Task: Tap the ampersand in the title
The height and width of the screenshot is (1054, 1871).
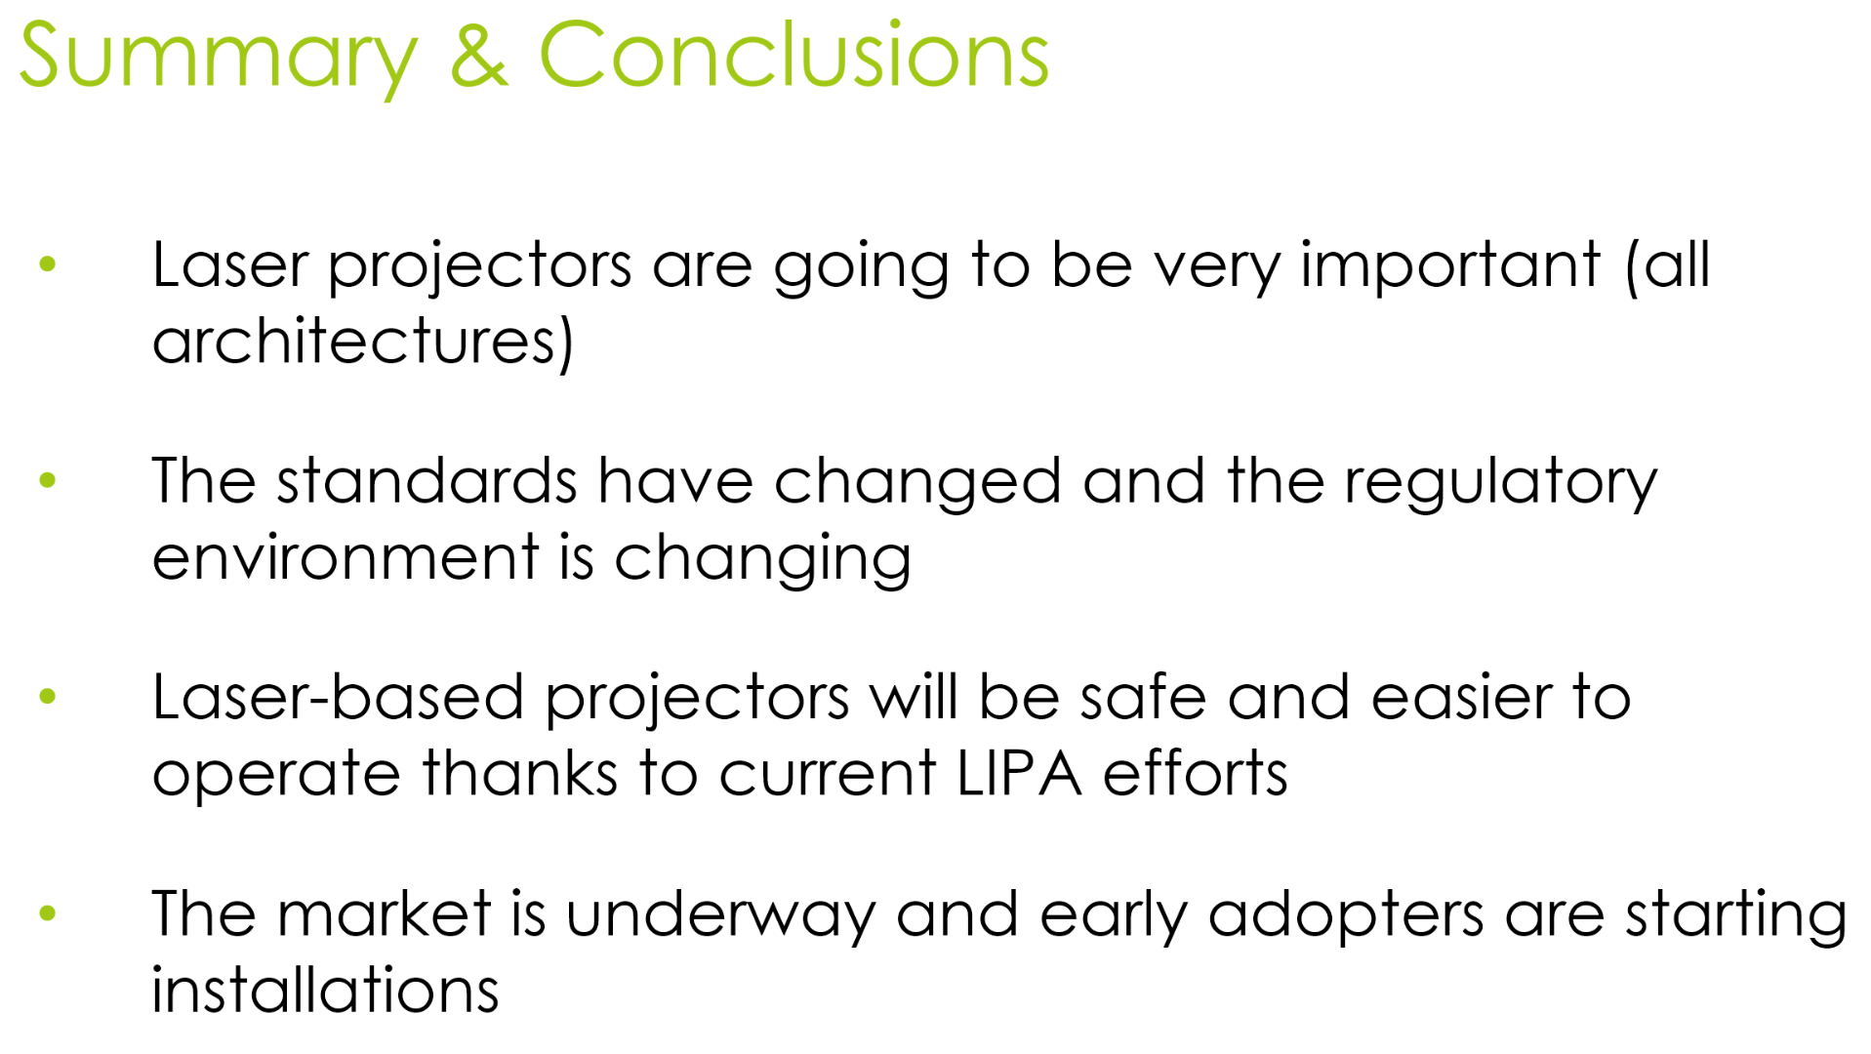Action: [479, 55]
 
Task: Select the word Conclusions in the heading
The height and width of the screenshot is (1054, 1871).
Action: [793, 55]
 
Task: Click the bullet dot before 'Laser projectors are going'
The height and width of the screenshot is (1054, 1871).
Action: [48, 263]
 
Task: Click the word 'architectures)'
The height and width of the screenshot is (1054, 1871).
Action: [363, 341]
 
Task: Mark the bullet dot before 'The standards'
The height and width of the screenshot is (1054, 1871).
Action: [48, 480]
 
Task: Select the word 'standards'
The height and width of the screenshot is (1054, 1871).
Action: [427, 480]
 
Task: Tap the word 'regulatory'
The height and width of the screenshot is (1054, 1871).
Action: [1501, 483]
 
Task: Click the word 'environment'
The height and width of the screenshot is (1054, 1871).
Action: [346, 557]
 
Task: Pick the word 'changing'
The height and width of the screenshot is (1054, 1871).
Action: [762, 559]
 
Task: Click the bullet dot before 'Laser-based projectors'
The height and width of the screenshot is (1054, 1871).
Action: [48, 697]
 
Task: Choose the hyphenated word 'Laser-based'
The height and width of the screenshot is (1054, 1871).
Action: [338, 697]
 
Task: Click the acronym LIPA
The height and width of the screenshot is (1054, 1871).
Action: [1019, 774]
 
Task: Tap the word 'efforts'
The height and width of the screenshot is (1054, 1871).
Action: [1196, 773]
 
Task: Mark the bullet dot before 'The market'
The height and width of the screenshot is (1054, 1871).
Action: [48, 913]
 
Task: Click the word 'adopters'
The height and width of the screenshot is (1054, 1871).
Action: [1346, 917]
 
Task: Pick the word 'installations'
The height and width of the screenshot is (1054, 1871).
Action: [325, 990]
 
